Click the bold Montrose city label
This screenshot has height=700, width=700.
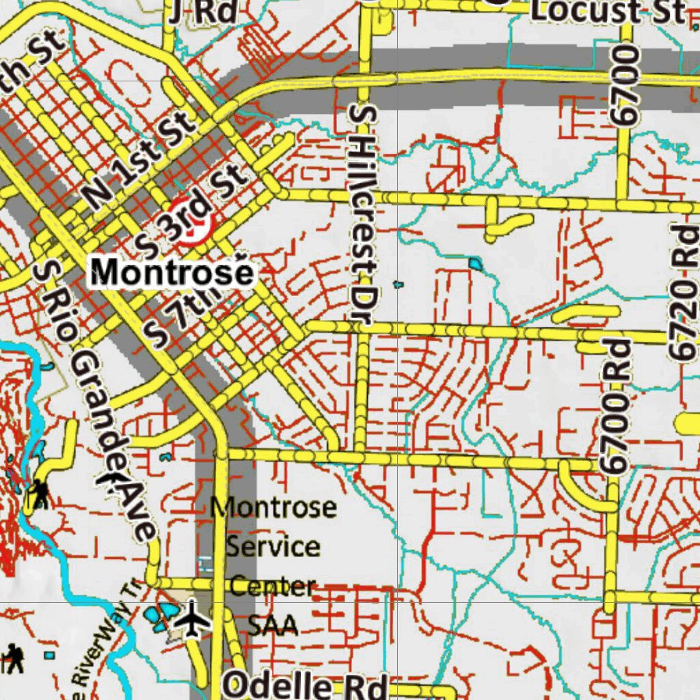click(172, 272)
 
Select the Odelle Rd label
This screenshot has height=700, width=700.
click(306, 685)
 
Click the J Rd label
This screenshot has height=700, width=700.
click(203, 10)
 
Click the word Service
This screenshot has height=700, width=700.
click(273, 547)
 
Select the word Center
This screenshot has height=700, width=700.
click(273, 585)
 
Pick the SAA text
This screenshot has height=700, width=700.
click(273, 624)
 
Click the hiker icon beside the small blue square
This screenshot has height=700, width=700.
click(14, 658)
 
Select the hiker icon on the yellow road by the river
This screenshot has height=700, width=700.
click(39, 493)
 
